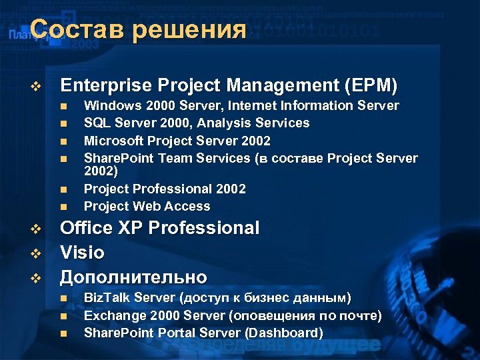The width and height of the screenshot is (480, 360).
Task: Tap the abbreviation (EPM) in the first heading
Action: coord(369,85)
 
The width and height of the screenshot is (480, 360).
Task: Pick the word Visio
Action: coord(83,253)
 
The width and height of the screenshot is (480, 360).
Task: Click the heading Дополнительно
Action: coord(133,277)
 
